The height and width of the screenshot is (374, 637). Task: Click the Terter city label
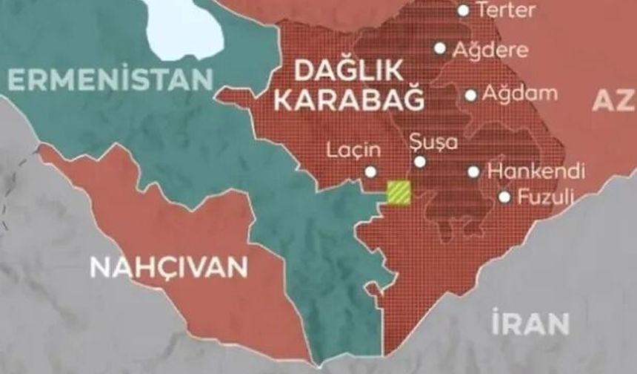(x=507, y=10)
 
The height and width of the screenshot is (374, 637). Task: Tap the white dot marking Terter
(x=464, y=10)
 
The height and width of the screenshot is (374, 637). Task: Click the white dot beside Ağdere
(x=440, y=48)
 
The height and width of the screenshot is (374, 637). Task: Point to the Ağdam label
(x=519, y=94)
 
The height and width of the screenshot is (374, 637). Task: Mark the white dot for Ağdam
(x=471, y=95)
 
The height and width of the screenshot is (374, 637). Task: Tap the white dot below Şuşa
(x=420, y=161)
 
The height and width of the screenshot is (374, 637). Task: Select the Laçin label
(x=354, y=150)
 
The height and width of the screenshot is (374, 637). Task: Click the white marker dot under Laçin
(x=370, y=172)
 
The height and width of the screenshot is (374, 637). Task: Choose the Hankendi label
(x=536, y=171)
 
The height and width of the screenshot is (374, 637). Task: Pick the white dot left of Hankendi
(x=474, y=171)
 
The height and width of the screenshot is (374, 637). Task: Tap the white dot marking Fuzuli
(x=504, y=197)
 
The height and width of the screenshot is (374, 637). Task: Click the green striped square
(x=399, y=192)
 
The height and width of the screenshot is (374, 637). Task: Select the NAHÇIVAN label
(x=168, y=266)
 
